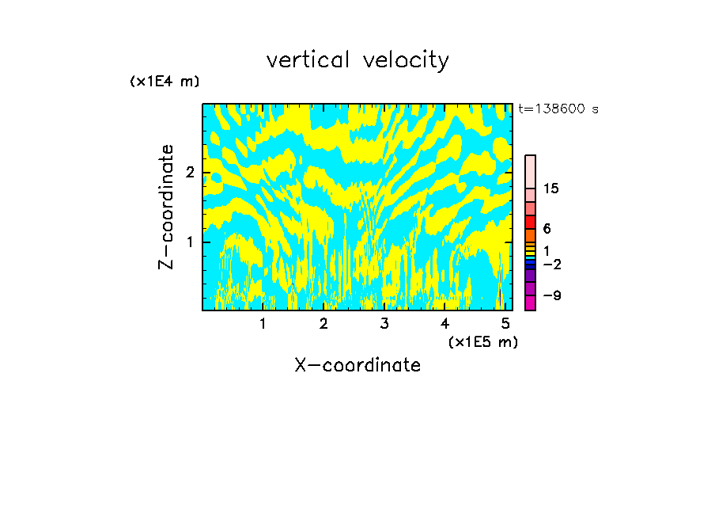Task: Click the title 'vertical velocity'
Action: pos(357,60)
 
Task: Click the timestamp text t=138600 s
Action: pos(558,109)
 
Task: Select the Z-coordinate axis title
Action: pos(166,207)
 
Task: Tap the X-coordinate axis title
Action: pos(357,365)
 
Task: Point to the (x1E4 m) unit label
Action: pos(165,82)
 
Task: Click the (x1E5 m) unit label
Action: pos(482,341)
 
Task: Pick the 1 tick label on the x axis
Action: pos(263,323)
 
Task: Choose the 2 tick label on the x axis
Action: pos(323,323)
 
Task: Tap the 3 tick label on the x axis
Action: pos(384,323)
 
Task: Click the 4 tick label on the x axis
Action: pos(445,323)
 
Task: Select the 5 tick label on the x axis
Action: pos(505,323)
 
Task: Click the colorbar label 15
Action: pos(552,189)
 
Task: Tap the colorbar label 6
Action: pos(547,228)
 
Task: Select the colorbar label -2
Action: pos(551,264)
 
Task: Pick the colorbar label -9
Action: pos(551,295)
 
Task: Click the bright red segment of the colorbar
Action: pos(530,222)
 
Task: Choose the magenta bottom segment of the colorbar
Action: pos(530,303)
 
